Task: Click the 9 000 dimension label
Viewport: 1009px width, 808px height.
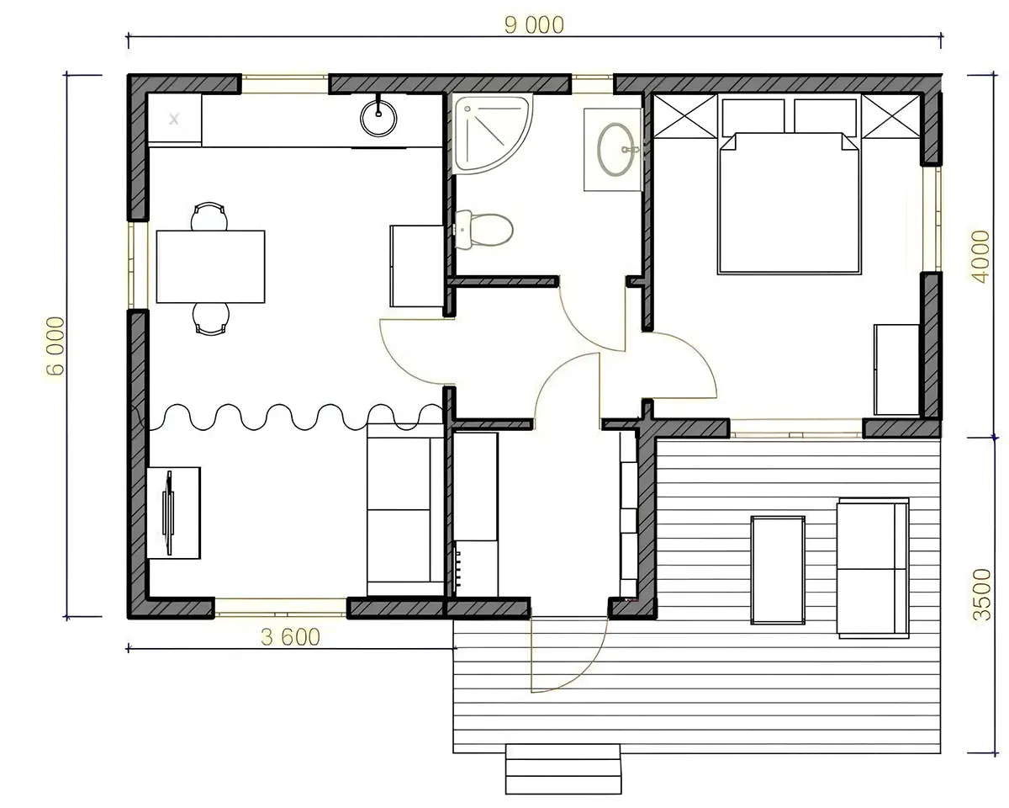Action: point(534,25)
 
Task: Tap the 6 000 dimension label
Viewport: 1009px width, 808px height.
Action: point(55,346)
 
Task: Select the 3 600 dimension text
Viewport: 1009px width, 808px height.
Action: point(290,637)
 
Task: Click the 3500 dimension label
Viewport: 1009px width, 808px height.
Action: point(982,595)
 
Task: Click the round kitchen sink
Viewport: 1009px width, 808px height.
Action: point(378,118)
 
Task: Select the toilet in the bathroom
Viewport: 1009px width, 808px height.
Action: point(483,229)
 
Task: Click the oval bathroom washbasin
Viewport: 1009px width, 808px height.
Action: point(615,150)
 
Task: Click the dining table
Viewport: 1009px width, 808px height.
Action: point(210,267)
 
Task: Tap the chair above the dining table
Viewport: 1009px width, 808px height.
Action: point(209,216)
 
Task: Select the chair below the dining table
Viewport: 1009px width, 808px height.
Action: point(211,319)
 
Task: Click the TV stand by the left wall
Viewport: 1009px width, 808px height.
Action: point(173,513)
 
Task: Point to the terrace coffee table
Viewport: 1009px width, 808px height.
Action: point(778,571)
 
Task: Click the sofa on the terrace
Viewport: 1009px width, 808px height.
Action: point(874,568)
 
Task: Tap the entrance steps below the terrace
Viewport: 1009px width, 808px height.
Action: point(563,768)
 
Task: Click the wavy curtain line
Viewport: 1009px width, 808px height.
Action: point(291,417)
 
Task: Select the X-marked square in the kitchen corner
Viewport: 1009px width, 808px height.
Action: point(174,120)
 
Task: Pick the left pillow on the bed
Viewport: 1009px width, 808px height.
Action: point(753,116)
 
